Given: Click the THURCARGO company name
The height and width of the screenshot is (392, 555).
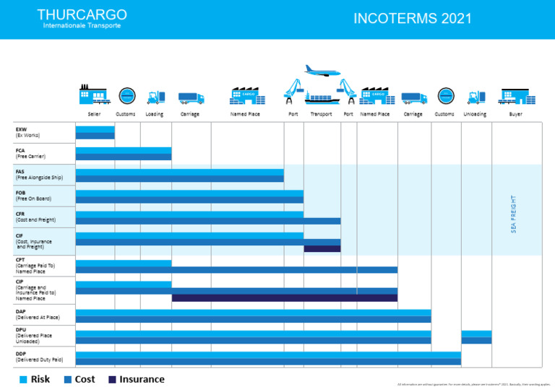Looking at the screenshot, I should click(82, 14).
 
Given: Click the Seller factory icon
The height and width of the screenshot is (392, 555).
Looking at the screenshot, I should click(93, 95).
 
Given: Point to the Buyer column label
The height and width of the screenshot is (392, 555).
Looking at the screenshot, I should click(515, 114).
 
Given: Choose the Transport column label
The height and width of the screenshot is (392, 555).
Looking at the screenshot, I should click(321, 114).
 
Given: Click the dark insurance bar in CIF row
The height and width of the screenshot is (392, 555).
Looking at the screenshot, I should click(322, 249).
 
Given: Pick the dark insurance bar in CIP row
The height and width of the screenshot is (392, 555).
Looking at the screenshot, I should click(284, 297).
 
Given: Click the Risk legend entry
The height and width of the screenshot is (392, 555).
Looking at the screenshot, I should click(34, 379).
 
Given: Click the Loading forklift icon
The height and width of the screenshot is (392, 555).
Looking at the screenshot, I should click(155, 97).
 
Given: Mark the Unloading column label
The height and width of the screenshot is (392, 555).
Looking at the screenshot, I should click(475, 114).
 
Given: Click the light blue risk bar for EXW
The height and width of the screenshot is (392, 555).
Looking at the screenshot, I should click(95, 129).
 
